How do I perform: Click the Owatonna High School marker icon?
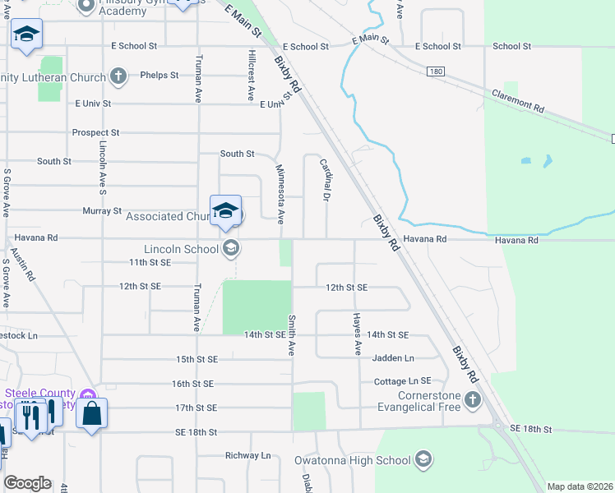coord(423,458)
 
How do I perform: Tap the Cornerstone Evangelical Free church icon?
coord(472,399)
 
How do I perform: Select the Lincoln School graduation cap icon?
coord(232,248)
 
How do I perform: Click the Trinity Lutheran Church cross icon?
coord(118,77)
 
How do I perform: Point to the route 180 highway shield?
coord(436,72)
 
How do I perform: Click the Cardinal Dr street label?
coord(325,181)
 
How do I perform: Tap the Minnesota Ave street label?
coord(280,194)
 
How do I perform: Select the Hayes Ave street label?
coord(357,334)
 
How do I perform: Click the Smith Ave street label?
coord(291,334)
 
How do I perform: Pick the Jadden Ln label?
coord(393,358)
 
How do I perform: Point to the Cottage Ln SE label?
coord(402,381)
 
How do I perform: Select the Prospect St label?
coord(95,132)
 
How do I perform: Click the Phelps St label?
coord(160,76)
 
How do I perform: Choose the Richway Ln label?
coord(247,455)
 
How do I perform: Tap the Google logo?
coord(27,483)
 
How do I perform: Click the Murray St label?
coord(102,211)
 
